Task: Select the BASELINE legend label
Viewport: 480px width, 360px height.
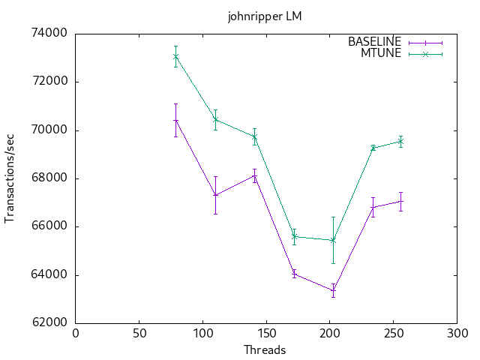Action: click(374, 42)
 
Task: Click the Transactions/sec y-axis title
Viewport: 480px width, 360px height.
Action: click(10, 178)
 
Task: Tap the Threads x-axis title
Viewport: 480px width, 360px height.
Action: click(265, 349)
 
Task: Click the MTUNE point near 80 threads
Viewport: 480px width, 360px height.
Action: click(175, 56)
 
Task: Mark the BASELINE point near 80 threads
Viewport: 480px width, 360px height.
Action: click(175, 120)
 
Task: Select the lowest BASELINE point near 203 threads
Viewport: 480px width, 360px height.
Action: click(333, 289)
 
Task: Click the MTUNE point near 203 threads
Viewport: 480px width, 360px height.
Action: click(333, 240)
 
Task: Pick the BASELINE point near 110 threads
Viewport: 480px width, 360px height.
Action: click(215, 195)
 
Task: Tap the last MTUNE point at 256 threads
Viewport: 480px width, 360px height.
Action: click(400, 141)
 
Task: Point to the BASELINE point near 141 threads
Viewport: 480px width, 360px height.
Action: click(254, 175)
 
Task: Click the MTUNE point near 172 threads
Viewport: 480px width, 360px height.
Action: click(294, 236)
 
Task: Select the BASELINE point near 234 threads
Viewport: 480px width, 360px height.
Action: click(373, 207)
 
